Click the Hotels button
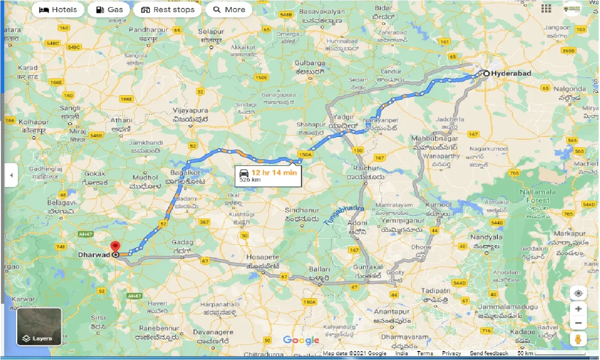pos(58,9)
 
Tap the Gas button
pos(109,9)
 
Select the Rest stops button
pos(167,9)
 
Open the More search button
pos(229,9)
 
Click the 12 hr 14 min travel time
pos(274,172)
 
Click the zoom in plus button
pos(578,309)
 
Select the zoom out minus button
pos(578,323)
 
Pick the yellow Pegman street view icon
pos(578,340)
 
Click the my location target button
pos(578,293)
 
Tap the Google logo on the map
pos(301,341)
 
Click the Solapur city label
pos(211,31)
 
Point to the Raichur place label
pos(367,168)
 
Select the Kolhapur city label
pos(35,122)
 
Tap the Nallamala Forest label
pos(538,196)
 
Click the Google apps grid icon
pos(546,8)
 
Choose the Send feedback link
pos(489,353)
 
